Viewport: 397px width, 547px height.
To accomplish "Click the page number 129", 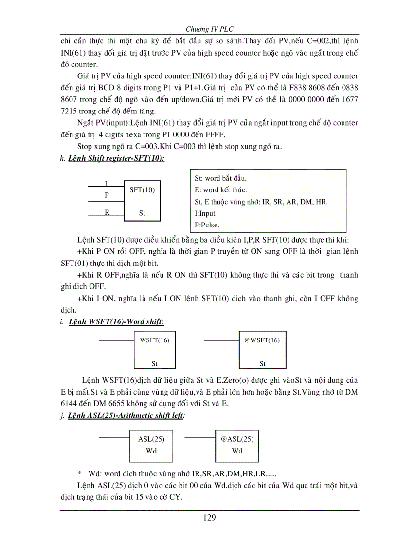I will point(209,517).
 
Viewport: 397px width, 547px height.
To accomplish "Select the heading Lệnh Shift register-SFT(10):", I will point(116,159).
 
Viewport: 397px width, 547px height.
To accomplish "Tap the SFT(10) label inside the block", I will point(142,190).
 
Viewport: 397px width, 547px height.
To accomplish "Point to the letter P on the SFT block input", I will point(107,195).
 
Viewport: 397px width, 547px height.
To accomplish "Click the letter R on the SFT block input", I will point(107,212).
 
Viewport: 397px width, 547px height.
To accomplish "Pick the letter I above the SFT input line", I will point(107,183).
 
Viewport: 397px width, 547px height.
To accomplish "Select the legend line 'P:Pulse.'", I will point(207,225).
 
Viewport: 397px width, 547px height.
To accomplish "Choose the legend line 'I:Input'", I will point(205,213).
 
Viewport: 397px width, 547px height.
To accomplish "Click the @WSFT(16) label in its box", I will point(262,340).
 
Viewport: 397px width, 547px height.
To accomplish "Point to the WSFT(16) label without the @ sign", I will point(154,340).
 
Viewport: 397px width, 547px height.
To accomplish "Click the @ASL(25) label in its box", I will point(237,439).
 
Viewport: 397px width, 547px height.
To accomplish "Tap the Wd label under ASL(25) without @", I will point(151,451).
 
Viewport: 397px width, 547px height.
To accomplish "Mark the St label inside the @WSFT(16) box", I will point(262,363).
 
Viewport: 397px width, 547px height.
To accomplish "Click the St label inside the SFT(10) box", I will point(142,213).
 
